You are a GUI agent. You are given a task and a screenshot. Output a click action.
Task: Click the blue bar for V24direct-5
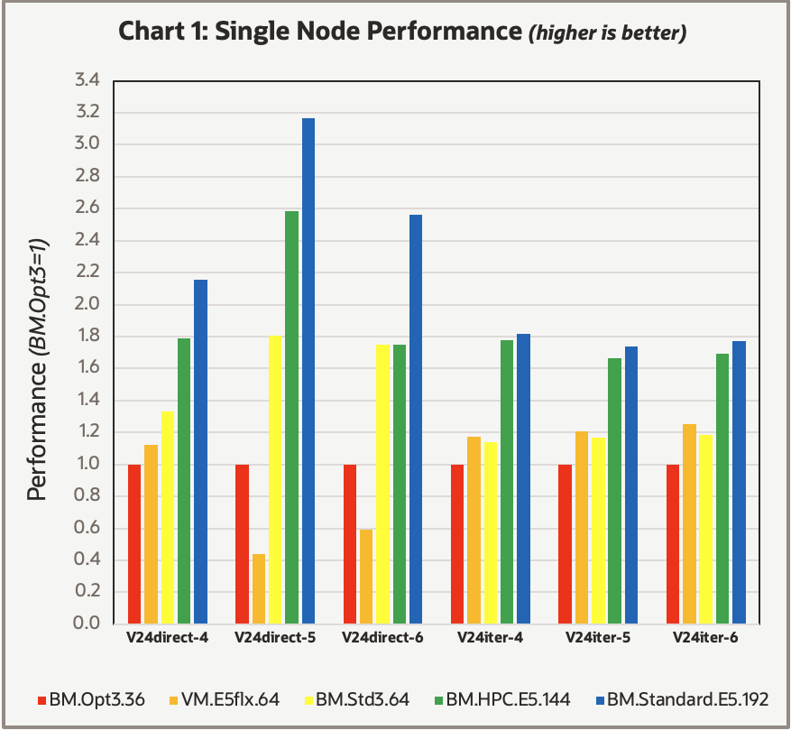point(308,371)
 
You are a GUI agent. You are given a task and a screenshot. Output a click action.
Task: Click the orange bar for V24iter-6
point(689,523)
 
